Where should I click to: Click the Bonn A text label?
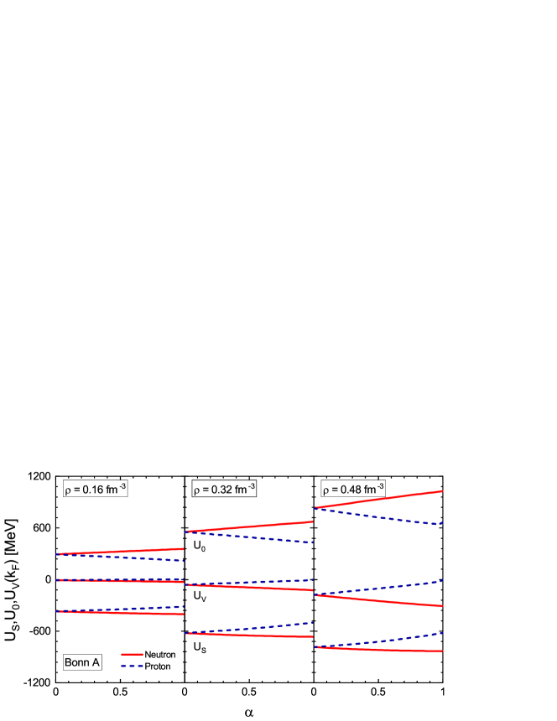point(82,663)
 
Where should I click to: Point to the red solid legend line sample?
point(132,654)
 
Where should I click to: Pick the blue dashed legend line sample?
point(132,666)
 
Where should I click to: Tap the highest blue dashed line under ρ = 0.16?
point(151,558)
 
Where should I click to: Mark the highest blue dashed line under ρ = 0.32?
point(277,541)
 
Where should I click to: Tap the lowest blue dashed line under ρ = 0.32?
point(277,625)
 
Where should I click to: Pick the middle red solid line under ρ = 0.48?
point(403,602)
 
